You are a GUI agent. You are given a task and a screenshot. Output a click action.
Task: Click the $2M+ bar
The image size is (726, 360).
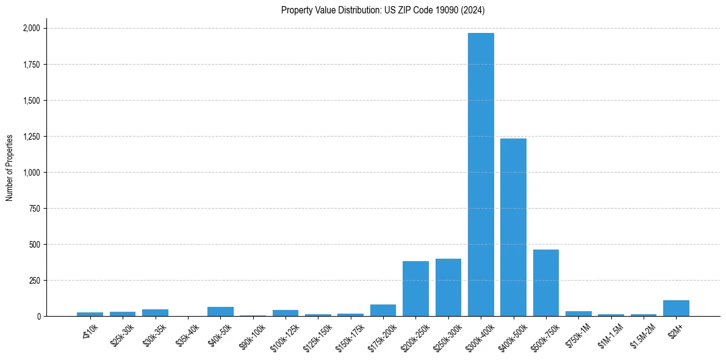pyautogui.click(x=676, y=308)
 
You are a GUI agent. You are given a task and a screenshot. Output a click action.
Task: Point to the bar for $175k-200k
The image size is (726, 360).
pyautogui.click(x=383, y=310)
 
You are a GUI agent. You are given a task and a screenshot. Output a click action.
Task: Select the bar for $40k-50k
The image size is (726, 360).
pyautogui.click(x=220, y=311)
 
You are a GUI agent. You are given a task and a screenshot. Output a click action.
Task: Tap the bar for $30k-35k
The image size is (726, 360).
pyautogui.click(x=155, y=312)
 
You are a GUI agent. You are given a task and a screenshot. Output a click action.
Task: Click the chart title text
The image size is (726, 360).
pyautogui.click(x=383, y=10)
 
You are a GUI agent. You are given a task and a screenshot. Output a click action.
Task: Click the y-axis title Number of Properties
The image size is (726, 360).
pyautogui.click(x=10, y=168)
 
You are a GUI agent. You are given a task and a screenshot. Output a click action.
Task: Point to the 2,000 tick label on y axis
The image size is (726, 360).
pyautogui.click(x=31, y=28)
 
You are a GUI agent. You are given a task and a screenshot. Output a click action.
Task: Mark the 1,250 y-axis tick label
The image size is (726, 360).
pyautogui.click(x=31, y=136)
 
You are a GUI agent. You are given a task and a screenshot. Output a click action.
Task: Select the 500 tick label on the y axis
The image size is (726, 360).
pyautogui.click(x=35, y=244)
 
